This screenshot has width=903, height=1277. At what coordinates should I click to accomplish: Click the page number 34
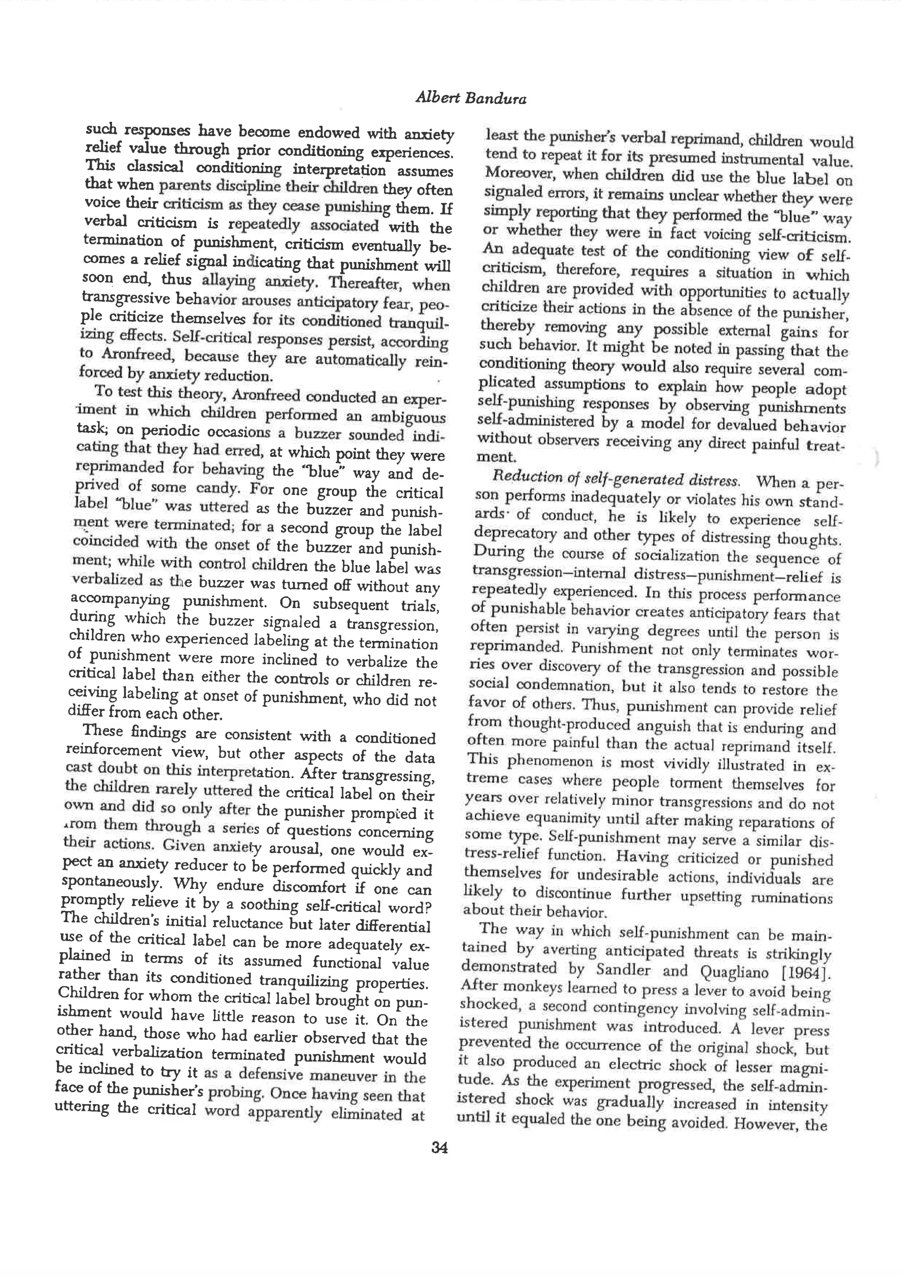[x=439, y=1147]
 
